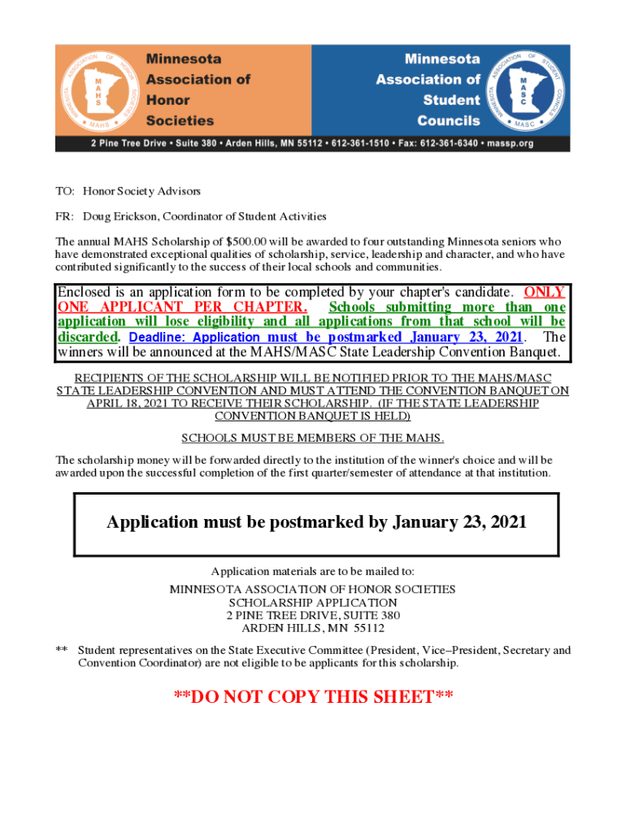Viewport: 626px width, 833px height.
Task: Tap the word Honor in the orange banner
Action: [x=167, y=100]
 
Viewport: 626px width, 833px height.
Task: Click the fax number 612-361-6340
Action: [x=450, y=143]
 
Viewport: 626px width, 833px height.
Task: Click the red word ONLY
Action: [x=545, y=292]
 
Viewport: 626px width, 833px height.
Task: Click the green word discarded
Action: [x=89, y=338]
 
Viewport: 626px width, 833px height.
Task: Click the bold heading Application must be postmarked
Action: [x=316, y=522]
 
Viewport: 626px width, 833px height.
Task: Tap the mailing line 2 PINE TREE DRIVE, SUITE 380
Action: [x=313, y=615]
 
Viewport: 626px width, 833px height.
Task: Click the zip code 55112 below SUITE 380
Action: [x=368, y=628]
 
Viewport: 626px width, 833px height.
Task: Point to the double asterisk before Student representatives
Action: [x=61, y=650]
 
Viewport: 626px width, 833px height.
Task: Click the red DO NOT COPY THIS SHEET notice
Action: [x=313, y=697]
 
